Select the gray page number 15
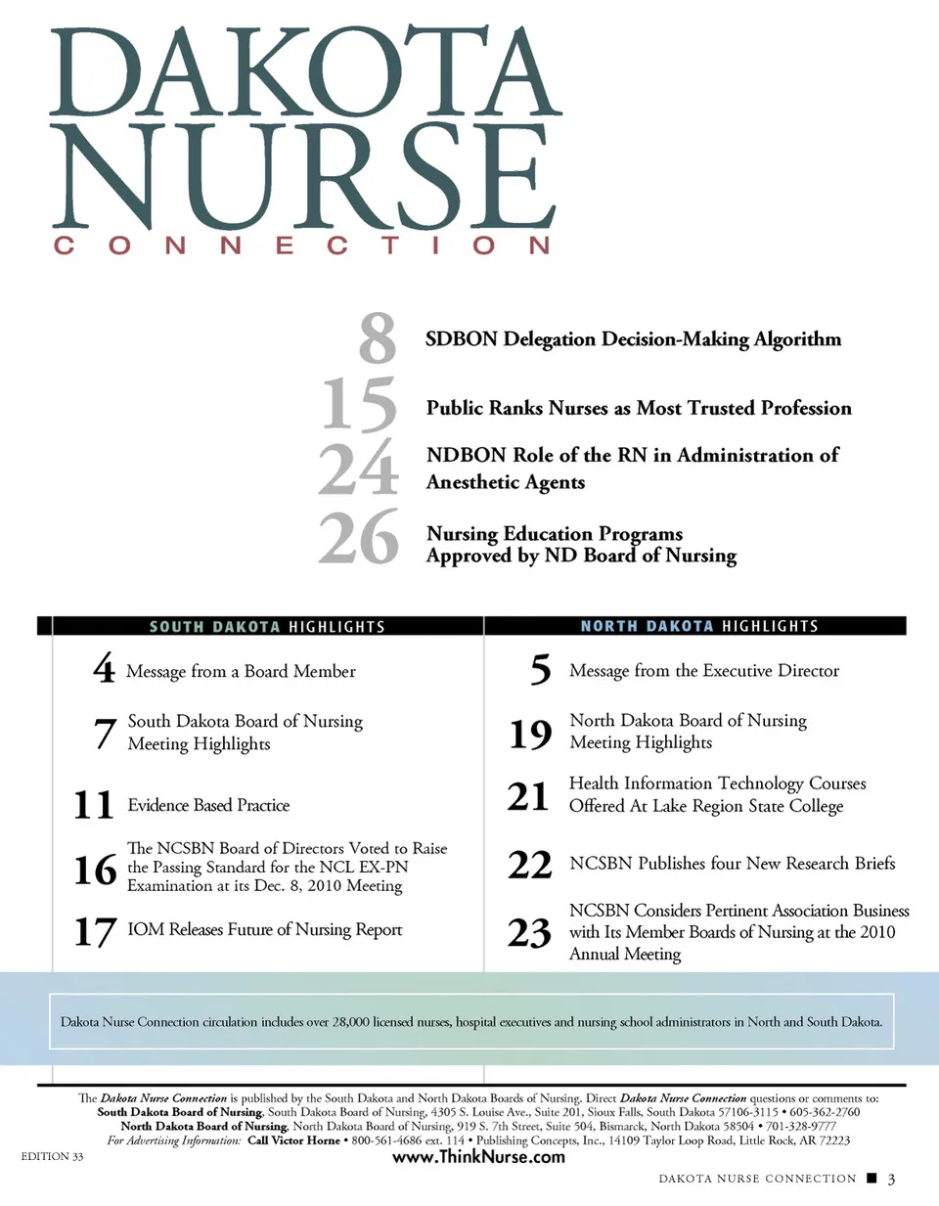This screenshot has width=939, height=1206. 360,403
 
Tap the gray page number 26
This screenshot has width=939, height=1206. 359,537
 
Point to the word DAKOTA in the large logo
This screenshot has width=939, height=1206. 305,73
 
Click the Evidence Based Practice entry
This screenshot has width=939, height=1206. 208,805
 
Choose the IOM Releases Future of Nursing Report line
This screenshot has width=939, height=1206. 265,929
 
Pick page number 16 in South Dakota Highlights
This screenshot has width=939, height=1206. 95,869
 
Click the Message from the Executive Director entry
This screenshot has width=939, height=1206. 704,671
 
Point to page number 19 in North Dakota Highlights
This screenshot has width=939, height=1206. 531,734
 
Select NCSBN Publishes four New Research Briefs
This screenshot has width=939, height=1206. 732,864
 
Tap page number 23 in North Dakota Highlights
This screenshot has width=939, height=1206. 529,933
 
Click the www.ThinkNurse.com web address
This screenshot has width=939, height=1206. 478,1156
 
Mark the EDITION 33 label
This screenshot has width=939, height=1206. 53,1156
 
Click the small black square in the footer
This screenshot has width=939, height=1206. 872,1179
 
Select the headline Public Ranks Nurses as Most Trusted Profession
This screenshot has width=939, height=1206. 639,408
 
